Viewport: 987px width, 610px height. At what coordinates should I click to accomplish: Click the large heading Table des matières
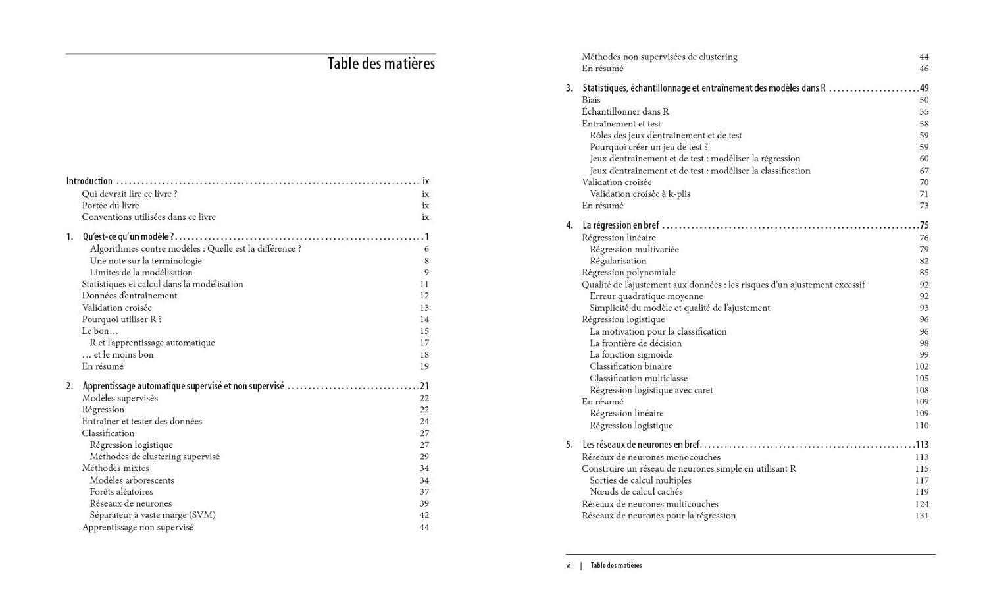coord(381,64)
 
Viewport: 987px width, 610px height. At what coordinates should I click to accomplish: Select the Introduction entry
coord(89,181)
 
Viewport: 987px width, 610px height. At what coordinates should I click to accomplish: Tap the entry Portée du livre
coord(111,206)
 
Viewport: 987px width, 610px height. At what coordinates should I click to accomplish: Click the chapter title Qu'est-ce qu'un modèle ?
coord(128,236)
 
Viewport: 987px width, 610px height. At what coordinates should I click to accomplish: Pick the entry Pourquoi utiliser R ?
coord(122,319)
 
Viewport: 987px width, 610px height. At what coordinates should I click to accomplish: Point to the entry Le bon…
coord(100,331)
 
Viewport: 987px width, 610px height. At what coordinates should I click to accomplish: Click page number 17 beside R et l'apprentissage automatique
coord(424,343)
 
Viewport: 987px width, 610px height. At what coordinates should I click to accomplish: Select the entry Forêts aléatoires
coord(121,492)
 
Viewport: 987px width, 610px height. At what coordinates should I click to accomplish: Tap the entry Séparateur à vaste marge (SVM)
coord(153,515)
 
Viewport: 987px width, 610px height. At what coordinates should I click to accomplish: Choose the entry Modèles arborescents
coord(132,480)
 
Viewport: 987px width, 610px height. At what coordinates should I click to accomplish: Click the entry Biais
coord(591,100)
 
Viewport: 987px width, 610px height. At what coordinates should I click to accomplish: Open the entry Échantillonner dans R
coord(625,112)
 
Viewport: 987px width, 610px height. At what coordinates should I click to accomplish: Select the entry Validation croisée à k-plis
coord(640,194)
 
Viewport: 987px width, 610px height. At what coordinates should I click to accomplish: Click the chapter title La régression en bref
coord(620,225)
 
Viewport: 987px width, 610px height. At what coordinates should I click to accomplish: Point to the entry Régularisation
coord(618,261)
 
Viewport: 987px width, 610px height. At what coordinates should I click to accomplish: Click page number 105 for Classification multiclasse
coord(921,379)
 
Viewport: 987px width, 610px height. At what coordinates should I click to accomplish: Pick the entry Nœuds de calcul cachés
coord(636,492)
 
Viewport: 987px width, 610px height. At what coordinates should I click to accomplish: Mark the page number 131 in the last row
coord(921,516)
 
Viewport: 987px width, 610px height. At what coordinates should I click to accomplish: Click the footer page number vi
coord(569,565)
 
